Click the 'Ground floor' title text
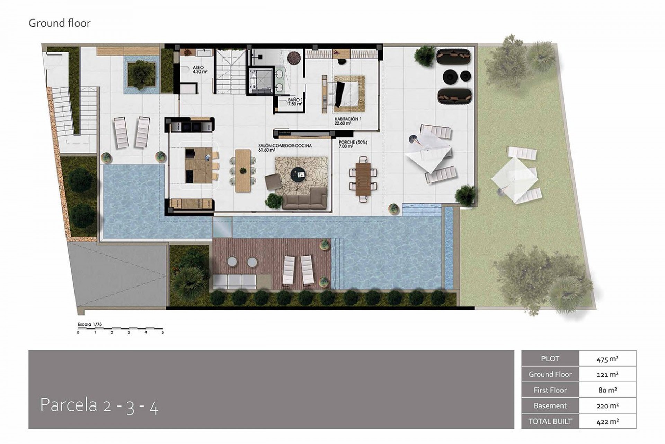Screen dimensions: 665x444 tap(60, 23)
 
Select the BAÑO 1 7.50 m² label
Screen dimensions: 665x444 tap(295, 102)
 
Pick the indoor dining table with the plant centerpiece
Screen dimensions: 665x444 tap(243, 171)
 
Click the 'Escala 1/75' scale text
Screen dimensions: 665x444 tap(90, 325)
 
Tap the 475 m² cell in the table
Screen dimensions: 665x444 tap(608, 359)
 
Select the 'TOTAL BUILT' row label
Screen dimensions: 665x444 tap(550, 421)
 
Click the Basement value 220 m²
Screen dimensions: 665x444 tap(608, 406)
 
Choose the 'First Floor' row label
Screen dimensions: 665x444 tap(550, 390)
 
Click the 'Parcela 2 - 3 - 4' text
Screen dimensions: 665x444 tap(99, 405)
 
